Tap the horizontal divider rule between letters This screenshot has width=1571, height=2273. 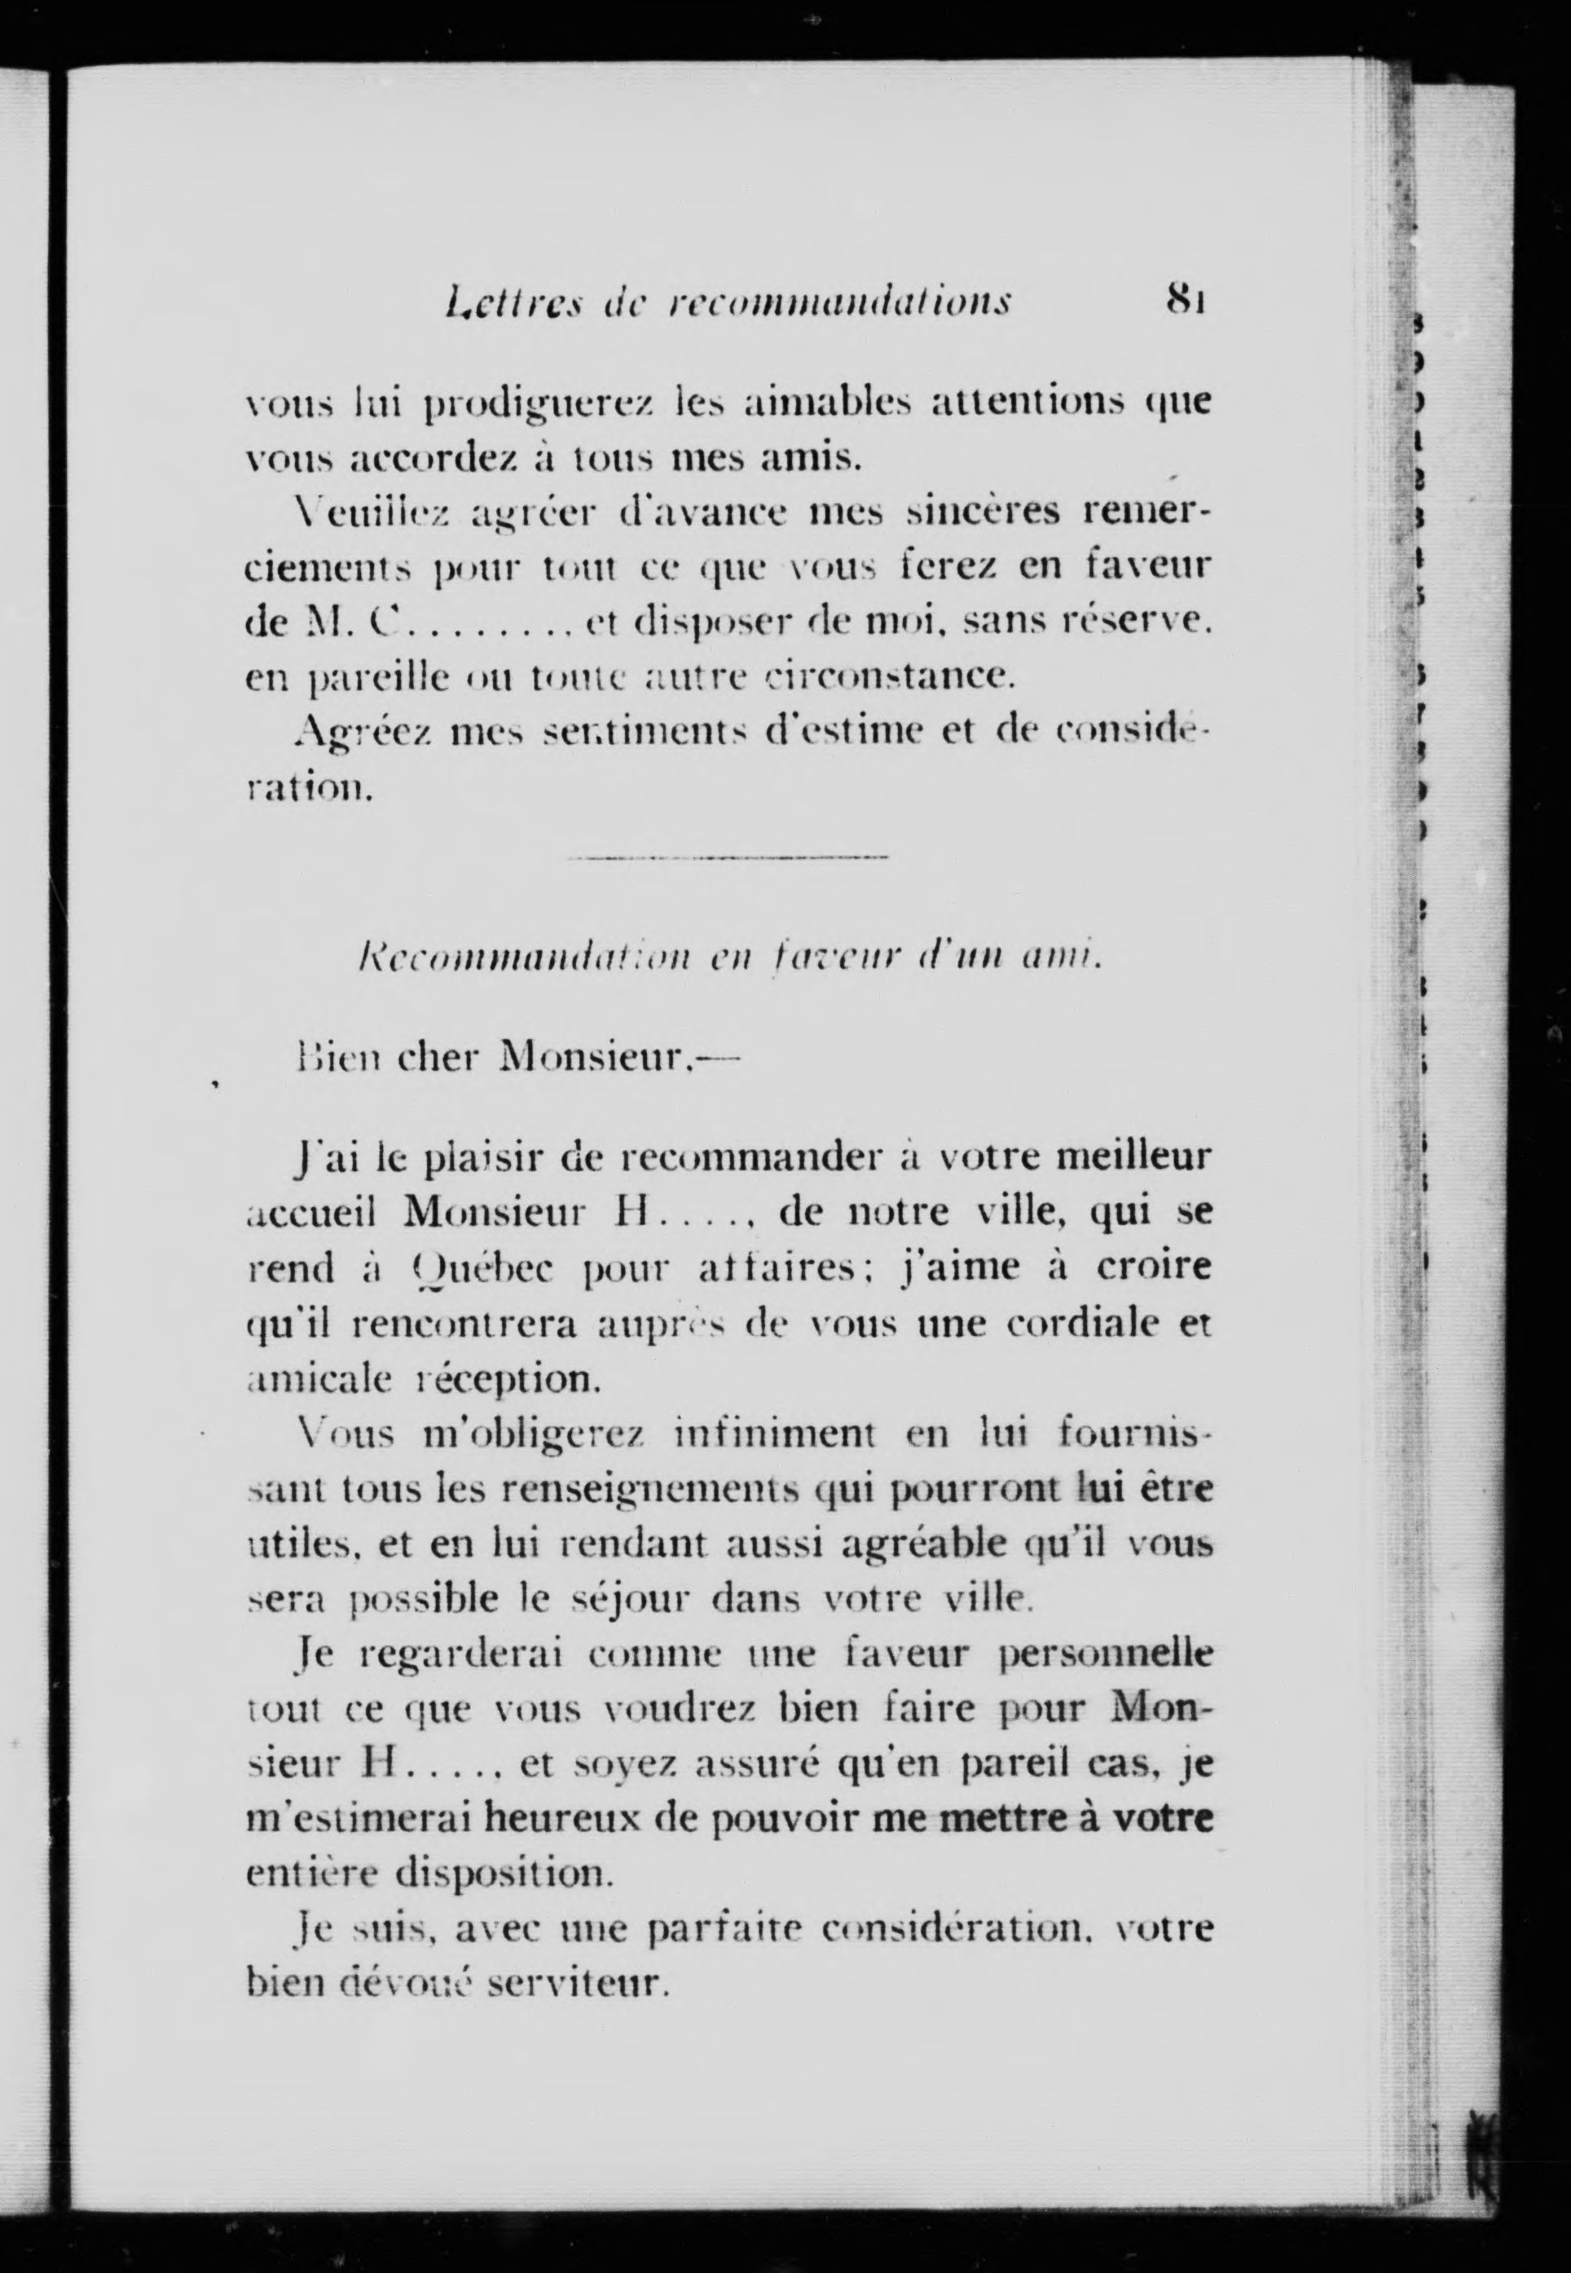pos(728,858)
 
